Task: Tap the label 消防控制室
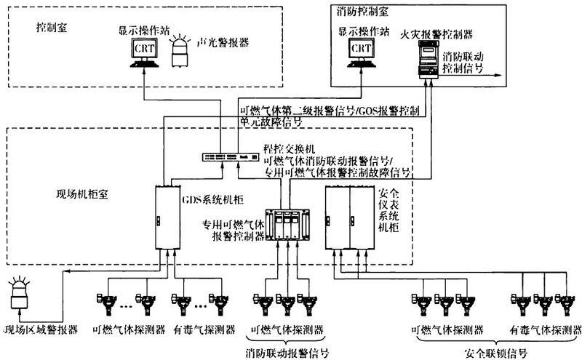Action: [x=362, y=11]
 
